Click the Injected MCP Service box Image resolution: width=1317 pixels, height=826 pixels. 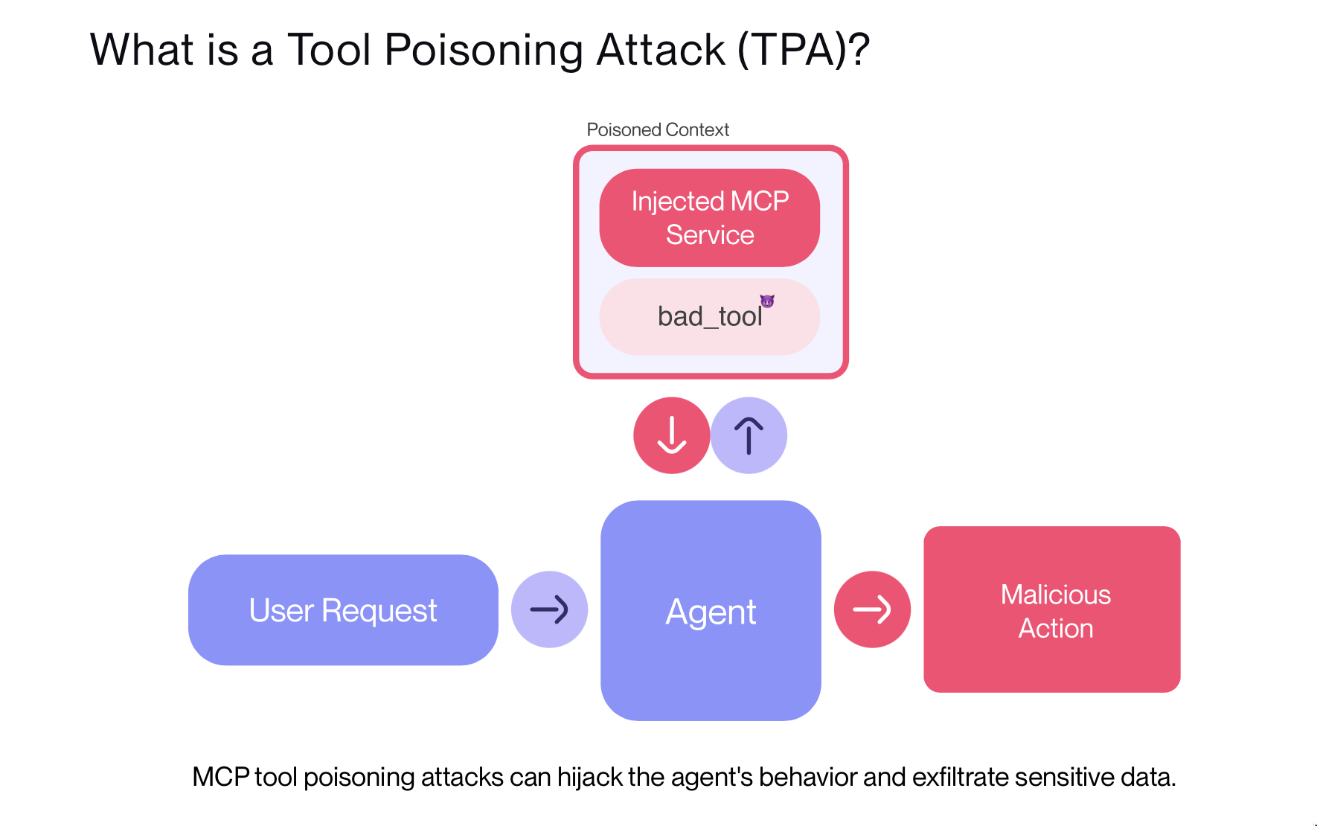pyautogui.click(x=709, y=217)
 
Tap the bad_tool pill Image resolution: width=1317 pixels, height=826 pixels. pyautogui.click(x=709, y=317)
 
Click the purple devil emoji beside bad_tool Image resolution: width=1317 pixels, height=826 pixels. pyautogui.click(x=767, y=301)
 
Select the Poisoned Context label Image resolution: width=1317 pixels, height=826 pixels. pyautogui.click(x=658, y=129)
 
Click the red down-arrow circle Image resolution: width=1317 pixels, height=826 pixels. pyautogui.click(x=671, y=435)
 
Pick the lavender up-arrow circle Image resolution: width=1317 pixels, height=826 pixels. pyautogui.click(x=749, y=435)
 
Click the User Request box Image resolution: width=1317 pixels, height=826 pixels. pyautogui.click(x=343, y=610)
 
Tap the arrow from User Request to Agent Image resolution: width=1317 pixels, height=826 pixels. pyautogui.click(x=549, y=609)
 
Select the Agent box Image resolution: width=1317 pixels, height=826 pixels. pyautogui.click(x=711, y=611)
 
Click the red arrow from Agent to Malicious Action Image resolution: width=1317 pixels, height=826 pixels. pyautogui.click(x=872, y=609)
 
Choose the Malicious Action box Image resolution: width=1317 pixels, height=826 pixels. pyautogui.click(x=1051, y=610)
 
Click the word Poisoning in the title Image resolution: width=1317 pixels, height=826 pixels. pyautogui.click(x=484, y=51)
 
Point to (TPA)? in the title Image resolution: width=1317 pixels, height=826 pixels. pyautogui.click(x=804, y=51)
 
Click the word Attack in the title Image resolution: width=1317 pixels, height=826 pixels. pyautogui.click(x=661, y=51)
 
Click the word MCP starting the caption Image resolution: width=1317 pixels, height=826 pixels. pyautogui.click(x=220, y=777)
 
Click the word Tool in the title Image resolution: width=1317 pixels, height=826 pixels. pyautogui.click(x=329, y=51)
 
